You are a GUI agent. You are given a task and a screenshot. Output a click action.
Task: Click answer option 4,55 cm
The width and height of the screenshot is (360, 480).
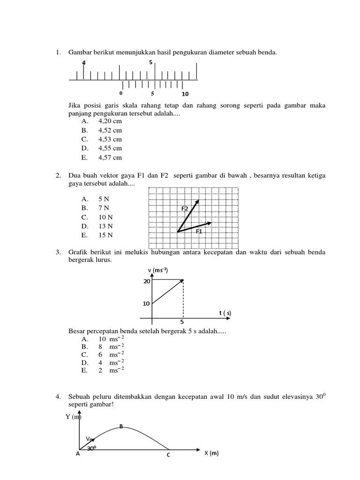tap(110, 149)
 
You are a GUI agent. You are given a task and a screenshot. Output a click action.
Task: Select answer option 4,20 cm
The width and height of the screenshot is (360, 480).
tap(110, 120)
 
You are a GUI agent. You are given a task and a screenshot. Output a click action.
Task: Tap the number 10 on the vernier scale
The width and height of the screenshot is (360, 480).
tap(185, 94)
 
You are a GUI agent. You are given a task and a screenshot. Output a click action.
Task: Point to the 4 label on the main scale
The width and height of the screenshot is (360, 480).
tap(84, 63)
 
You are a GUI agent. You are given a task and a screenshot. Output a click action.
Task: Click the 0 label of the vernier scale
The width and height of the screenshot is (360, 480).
tap(121, 93)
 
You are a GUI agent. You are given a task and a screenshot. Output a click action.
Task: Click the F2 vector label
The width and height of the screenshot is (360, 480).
tap(185, 208)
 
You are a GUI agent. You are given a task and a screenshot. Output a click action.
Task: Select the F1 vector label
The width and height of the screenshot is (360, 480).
tap(199, 231)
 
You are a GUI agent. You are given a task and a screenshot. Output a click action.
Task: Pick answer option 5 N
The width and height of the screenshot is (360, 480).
tap(104, 199)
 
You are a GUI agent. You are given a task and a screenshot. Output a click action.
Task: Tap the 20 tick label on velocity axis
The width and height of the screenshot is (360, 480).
tap(146, 281)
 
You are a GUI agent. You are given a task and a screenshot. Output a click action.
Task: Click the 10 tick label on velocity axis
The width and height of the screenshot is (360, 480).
tap(146, 303)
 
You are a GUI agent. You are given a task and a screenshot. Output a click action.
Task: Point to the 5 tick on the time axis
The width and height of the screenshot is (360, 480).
tap(182, 322)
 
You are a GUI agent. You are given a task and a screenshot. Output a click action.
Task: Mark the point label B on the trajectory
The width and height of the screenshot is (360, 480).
tap(121, 426)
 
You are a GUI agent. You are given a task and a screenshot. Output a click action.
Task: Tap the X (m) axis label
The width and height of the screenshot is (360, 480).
tap(211, 453)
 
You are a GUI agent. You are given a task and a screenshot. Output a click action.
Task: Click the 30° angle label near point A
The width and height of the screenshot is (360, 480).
tap(91, 448)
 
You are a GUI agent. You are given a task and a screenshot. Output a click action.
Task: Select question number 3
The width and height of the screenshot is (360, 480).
tap(58, 253)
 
